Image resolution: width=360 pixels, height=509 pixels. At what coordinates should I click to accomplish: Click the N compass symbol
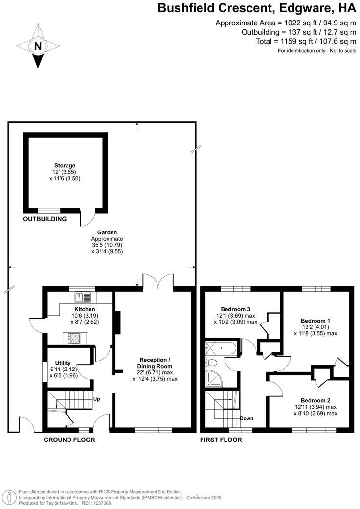[x=38, y=46]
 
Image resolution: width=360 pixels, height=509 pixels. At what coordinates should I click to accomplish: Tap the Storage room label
[x=65, y=166]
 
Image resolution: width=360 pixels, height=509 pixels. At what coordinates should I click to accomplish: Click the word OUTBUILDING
[x=45, y=219]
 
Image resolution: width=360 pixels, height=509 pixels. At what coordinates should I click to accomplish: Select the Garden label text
[x=107, y=233]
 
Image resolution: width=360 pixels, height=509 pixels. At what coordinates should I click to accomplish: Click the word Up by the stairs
[x=97, y=399]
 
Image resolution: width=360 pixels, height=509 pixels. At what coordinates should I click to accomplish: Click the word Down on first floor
[x=247, y=418]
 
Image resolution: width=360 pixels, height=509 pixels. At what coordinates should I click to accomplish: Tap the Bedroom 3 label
[x=235, y=309]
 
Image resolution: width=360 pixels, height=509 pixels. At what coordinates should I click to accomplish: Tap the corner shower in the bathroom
[x=214, y=378]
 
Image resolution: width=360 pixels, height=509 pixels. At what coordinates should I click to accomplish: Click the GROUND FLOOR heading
[x=69, y=440]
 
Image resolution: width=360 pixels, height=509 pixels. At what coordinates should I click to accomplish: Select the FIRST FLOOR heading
[x=221, y=440]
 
